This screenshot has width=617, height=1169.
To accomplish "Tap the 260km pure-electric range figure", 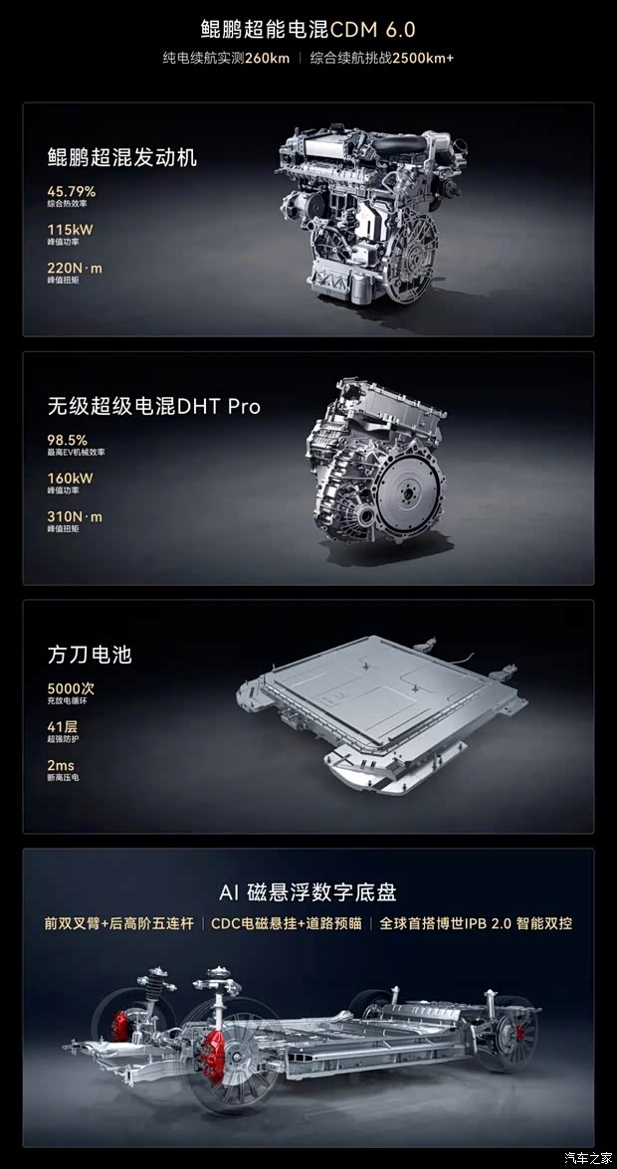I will point(268,58).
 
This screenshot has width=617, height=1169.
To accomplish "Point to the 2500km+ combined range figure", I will point(423,58).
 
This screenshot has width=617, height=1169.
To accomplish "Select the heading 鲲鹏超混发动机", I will point(122,157).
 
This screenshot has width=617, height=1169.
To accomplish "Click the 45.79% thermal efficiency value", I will point(72,191).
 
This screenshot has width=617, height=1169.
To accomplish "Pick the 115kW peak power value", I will point(71,230).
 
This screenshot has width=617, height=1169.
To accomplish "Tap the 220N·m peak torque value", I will point(75,269).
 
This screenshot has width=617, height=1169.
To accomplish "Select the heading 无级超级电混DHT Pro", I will point(154,406).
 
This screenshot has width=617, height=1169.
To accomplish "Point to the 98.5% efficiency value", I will point(68,440).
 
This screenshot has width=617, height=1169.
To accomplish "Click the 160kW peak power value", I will point(71,479).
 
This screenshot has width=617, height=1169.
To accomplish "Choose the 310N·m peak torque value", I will point(75,517).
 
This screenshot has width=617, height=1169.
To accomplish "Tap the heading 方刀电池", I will point(90,655).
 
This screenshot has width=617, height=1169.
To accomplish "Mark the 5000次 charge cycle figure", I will point(72,688).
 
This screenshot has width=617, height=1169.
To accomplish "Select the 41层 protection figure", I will point(63,727).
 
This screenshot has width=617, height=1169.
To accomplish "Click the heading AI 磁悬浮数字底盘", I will point(308,891).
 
